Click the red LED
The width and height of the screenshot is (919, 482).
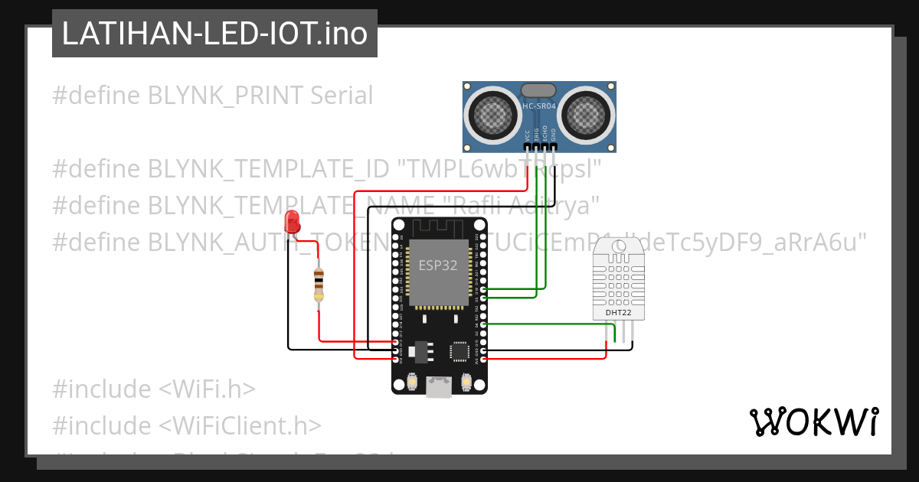click(x=292, y=222)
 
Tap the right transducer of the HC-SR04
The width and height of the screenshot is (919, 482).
click(x=586, y=114)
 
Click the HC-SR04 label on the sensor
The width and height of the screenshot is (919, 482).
click(x=539, y=106)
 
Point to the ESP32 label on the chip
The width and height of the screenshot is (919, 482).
click(x=437, y=265)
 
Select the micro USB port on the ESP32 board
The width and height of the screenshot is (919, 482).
click(x=439, y=387)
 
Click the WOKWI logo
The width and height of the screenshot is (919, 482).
click(x=813, y=422)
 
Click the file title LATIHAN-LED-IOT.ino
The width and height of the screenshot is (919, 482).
click(x=214, y=34)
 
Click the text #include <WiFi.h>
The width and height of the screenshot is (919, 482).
click(x=153, y=389)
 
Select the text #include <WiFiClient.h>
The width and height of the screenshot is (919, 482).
click(x=187, y=425)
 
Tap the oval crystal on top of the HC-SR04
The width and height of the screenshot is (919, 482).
click(x=539, y=91)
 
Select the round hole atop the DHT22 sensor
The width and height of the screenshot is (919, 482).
click(x=619, y=246)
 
